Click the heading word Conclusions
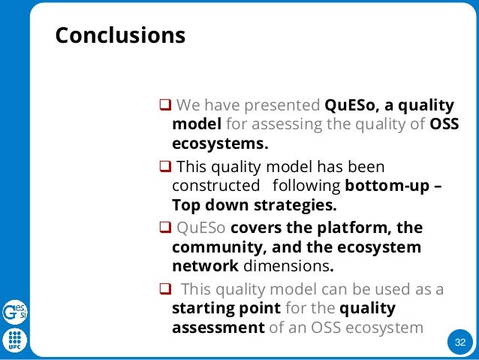pyautogui.click(x=120, y=36)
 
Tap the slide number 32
pyautogui.click(x=459, y=343)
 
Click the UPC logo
pyautogui.click(x=14, y=340)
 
